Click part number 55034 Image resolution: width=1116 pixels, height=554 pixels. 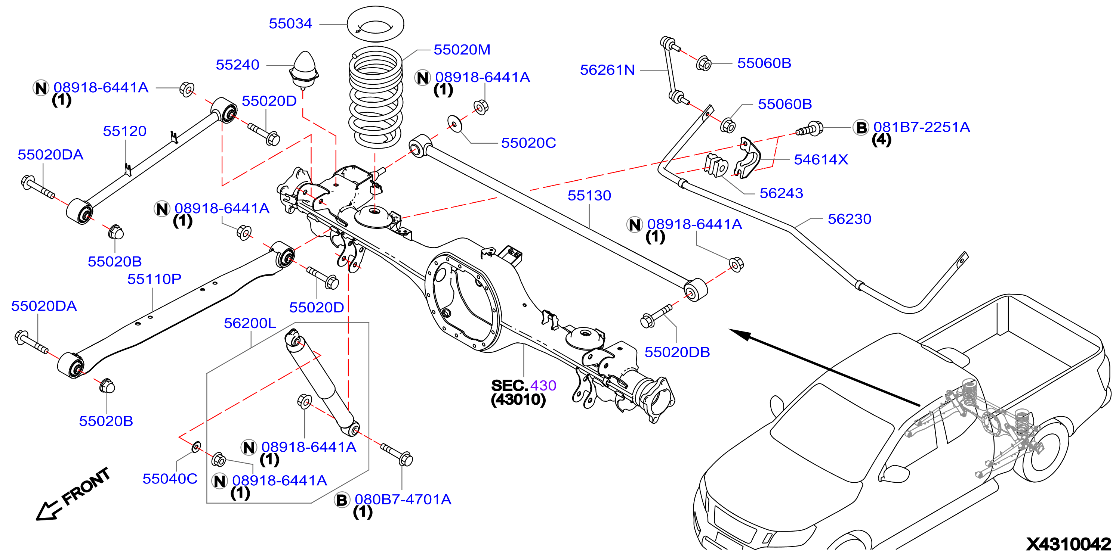click(290, 24)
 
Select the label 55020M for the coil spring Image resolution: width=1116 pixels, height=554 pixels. click(462, 50)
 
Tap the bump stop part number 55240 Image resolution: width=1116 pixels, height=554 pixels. click(237, 65)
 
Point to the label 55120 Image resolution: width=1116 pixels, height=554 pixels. click(125, 131)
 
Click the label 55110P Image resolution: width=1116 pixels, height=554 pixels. click(154, 279)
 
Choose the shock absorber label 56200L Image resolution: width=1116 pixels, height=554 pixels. click(250, 323)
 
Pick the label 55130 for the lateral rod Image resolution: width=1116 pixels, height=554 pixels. click(589, 196)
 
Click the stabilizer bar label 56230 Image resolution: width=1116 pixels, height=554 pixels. click(850, 219)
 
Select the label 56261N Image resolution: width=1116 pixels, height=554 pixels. click(607, 70)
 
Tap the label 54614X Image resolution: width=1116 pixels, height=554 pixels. click(821, 160)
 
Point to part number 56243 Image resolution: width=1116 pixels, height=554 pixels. click(781, 193)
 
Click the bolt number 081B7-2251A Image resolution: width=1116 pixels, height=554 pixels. click(922, 127)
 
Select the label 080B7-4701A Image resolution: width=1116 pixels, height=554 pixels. click(403, 499)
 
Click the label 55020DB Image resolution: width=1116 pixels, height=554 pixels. click(677, 352)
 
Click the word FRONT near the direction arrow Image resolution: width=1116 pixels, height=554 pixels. click(86, 486)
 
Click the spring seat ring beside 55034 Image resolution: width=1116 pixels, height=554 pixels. click(376, 24)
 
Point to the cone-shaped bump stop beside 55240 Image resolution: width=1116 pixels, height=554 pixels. click(305, 69)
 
